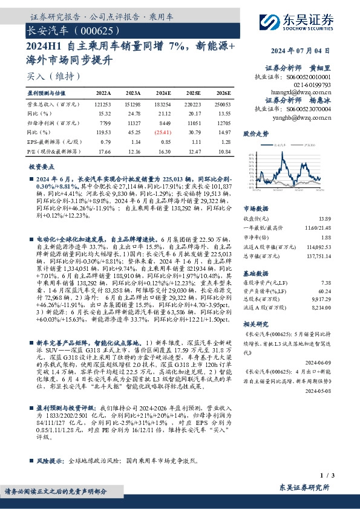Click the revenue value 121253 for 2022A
pyautogui.click(x=103, y=105)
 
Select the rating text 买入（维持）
pyautogui.click(x=46, y=76)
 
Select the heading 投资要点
pyautogui.click(x=42, y=166)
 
